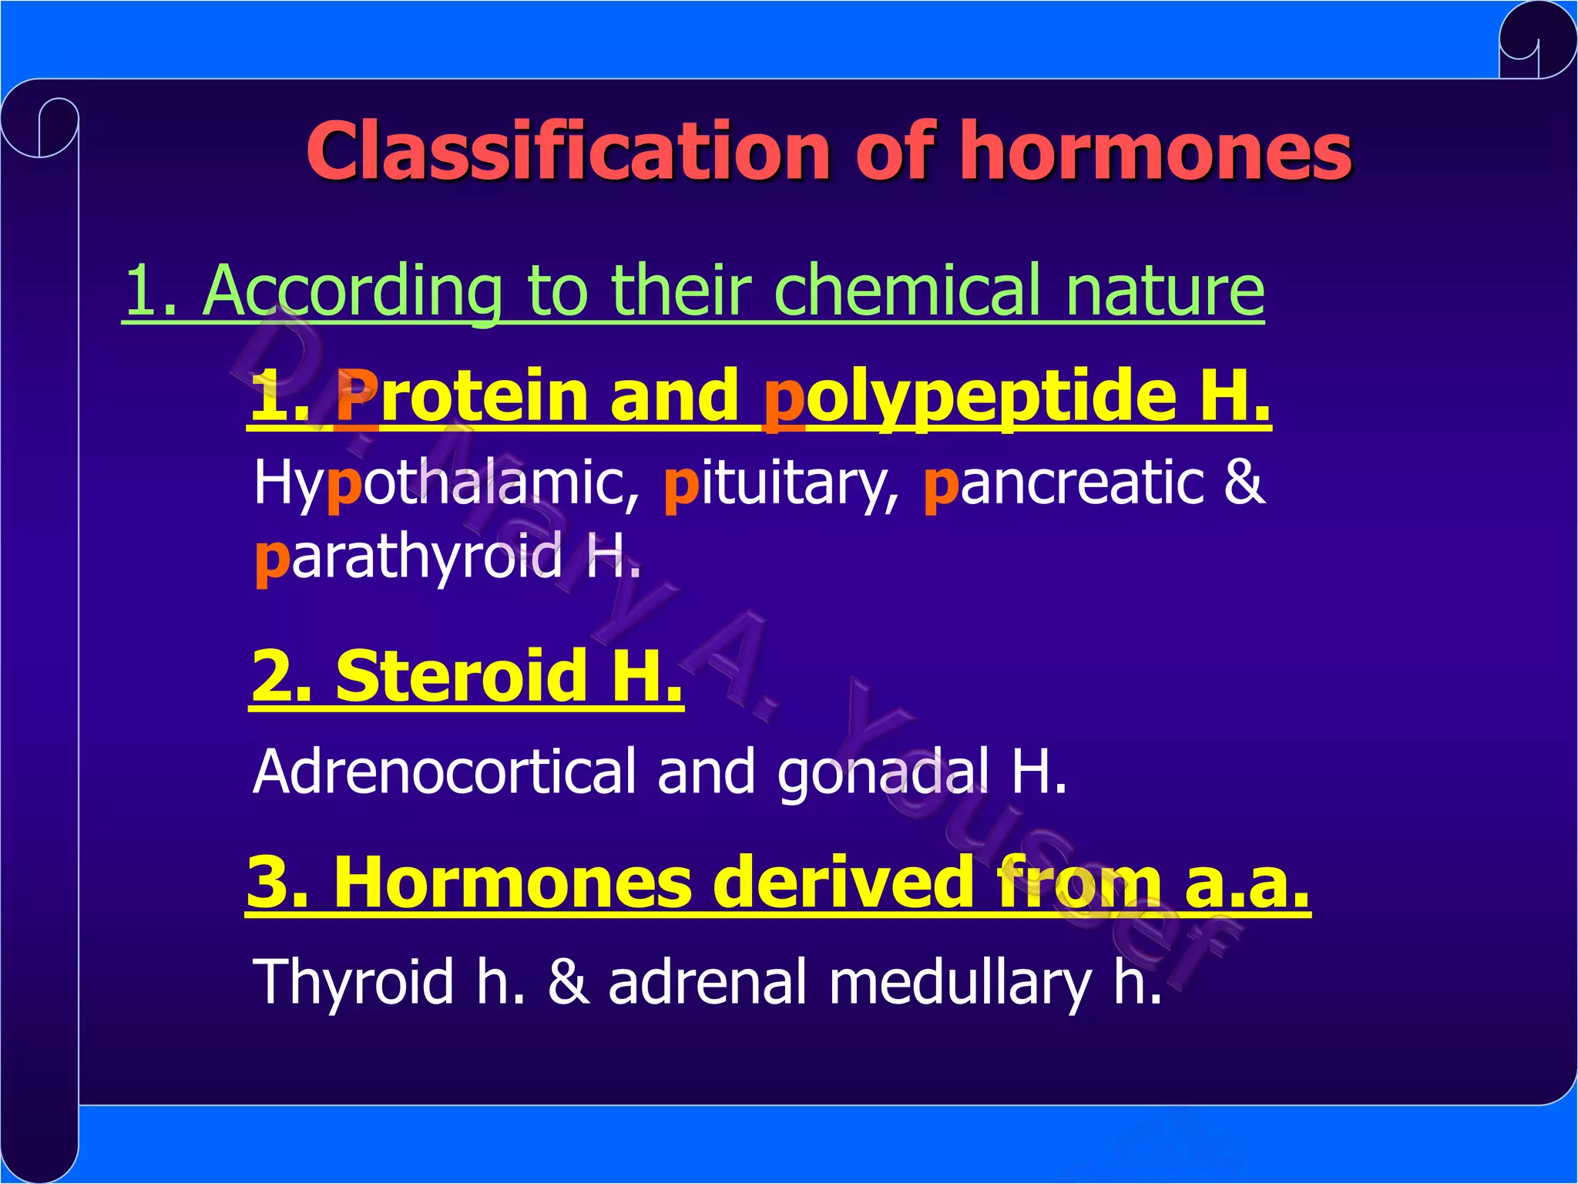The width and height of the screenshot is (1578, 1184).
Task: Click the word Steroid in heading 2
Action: coord(463,676)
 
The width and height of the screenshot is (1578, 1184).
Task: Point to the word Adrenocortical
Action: coord(445,771)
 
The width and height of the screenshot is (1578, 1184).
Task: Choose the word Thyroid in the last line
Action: coord(354,981)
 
